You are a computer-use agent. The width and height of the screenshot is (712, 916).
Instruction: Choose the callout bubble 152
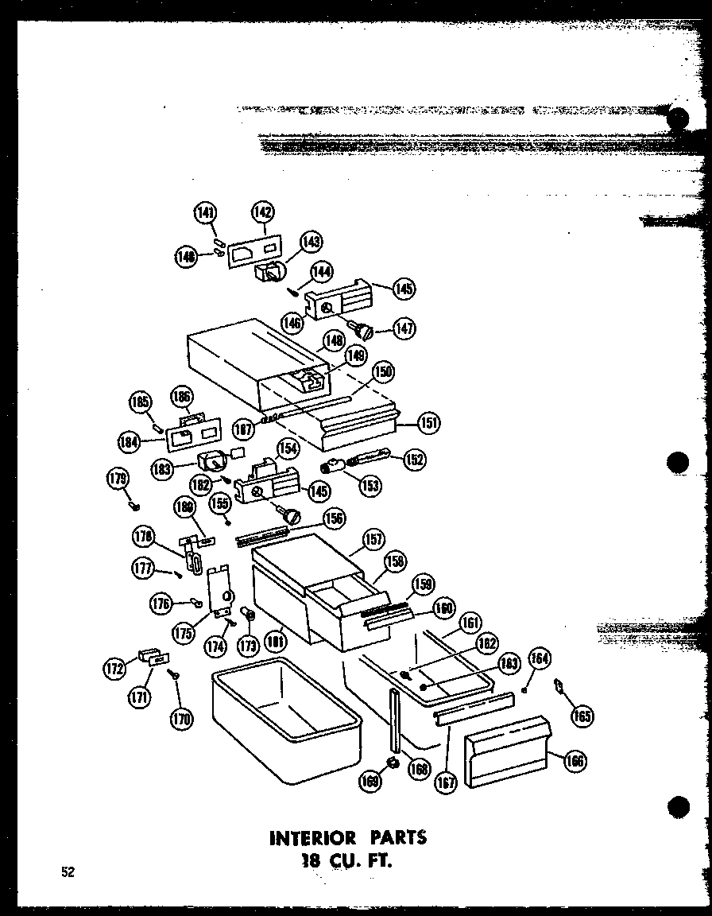414,459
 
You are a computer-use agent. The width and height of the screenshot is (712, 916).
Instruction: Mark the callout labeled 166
574,761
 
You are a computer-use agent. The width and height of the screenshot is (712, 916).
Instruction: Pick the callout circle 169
370,781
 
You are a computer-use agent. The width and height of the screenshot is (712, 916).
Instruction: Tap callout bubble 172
115,669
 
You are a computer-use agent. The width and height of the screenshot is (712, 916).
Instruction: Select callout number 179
117,479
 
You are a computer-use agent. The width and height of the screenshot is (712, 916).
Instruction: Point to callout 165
582,716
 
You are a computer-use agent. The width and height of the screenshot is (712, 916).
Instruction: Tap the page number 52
68,871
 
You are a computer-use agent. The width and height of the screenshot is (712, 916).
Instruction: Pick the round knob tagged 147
366,326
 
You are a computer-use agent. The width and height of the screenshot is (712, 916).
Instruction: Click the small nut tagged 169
391,764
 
